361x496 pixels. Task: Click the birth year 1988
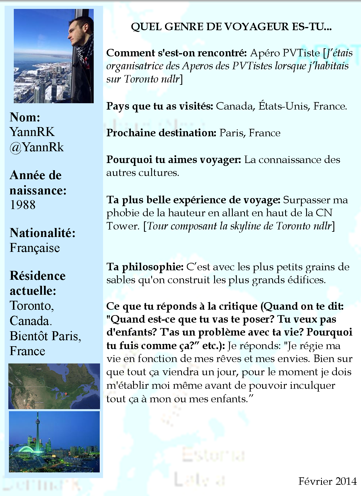[23, 205]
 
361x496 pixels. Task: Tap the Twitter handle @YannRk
[37, 147]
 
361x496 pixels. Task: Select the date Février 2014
[327, 481]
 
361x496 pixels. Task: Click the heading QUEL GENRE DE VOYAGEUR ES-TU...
[231, 27]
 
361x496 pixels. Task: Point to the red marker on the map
[66, 394]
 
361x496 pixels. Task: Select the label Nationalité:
[43, 233]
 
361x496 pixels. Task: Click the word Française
[35, 248]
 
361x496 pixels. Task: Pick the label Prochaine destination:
[161, 133]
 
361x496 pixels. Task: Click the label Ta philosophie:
[145, 267]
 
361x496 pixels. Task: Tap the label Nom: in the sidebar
[25, 117]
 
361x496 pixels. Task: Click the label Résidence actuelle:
[37, 283]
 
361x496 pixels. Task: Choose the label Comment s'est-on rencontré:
[176, 53]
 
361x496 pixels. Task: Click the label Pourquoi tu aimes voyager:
[174, 160]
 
